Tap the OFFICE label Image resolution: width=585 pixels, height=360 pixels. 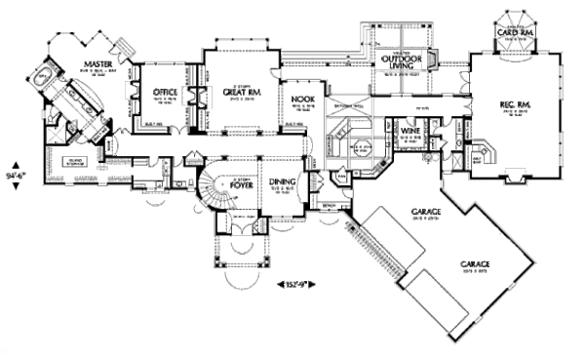click(x=163, y=93)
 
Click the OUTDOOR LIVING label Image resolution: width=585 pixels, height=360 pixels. click(x=395, y=63)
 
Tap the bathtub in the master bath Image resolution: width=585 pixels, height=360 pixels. click(x=45, y=78)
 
